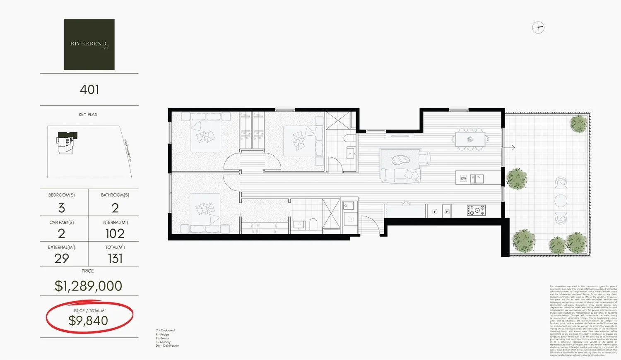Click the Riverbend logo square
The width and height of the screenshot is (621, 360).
(x=89, y=44)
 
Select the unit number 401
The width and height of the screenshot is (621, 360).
(x=89, y=89)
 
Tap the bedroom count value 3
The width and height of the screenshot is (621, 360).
(x=62, y=208)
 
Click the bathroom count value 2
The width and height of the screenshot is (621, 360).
(x=115, y=208)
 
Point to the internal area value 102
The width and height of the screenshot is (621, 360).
(x=115, y=233)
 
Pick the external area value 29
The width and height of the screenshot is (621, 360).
(x=62, y=258)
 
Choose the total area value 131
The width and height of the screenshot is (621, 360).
(x=115, y=259)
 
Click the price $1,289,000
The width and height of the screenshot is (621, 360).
(x=88, y=286)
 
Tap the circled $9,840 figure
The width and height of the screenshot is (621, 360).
(x=88, y=320)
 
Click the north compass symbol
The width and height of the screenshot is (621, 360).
(x=538, y=28)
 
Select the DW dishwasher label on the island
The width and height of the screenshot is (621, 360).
(x=463, y=178)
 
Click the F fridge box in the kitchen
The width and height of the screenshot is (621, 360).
(x=435, y=211)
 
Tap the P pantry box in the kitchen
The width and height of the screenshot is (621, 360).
(x=447, y=211)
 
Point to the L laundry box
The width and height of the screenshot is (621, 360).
(x=351, y=219)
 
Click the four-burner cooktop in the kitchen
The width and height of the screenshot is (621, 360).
(x=476, y=210)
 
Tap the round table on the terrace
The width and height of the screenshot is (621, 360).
(x=561, y=200)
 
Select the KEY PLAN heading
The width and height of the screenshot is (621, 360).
(x=88, y=114)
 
